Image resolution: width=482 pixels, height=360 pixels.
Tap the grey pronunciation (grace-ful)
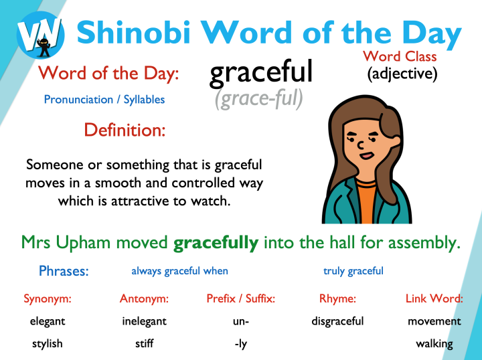[259, 99]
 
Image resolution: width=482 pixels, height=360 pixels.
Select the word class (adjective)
[402, 74]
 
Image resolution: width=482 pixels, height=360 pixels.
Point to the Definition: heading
[125, 129]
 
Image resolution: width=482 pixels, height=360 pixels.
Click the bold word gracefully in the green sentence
[216, 242]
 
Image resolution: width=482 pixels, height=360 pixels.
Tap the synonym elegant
[48, 321]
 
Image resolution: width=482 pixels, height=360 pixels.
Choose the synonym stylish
[48, 344]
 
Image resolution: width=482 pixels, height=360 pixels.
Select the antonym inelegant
[144, 321]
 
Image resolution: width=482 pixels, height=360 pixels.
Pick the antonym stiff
[144, 344]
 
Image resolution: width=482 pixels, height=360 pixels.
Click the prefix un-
[241, 321]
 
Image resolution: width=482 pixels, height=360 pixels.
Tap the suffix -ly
[241, 344]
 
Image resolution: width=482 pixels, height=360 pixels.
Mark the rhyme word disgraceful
[337, 321]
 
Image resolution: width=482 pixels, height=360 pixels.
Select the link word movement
[434, 321]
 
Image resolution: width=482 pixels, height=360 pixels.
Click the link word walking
[434, 344]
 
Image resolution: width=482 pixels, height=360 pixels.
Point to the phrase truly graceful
[353, 271]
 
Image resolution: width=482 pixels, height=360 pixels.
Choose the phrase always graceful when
[179, 271]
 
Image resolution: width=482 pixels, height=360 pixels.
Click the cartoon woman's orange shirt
[368, 201]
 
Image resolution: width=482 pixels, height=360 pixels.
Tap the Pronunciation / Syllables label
[104, 100]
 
